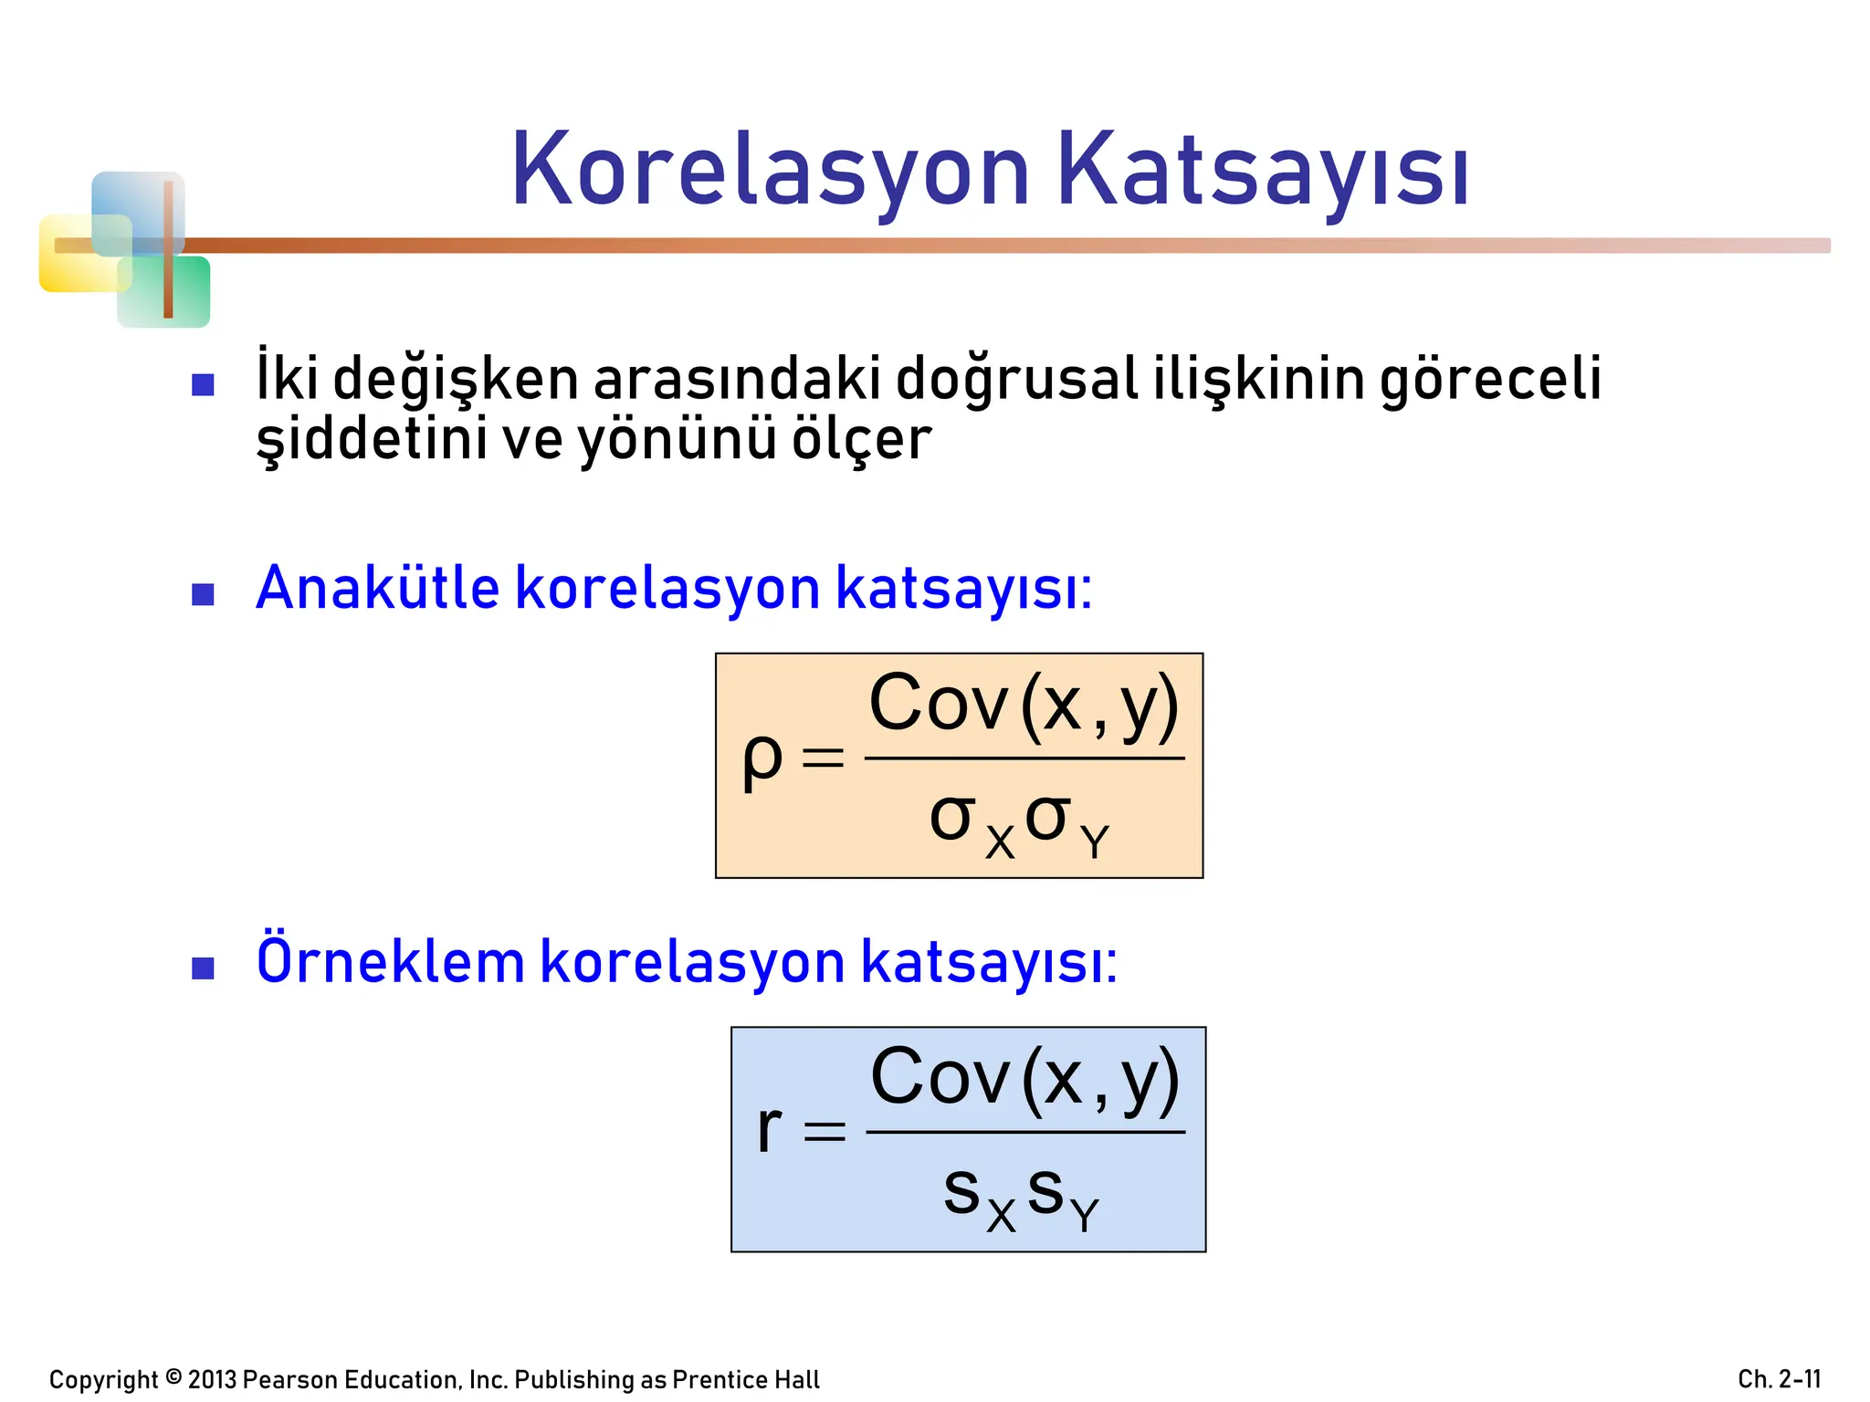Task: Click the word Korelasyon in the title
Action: click(x=770, y=172)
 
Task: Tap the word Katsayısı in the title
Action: click(x=1262, y=172)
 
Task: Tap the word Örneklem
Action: click(x=390, y=961)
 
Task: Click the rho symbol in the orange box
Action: click(x=762, y=759)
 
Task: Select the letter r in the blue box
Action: click(x=769, y=1129)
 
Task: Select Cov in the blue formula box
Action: click(x=940, y=1077)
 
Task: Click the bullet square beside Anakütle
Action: click(x=203, y=595)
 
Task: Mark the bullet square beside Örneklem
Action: click(x=203, y=968)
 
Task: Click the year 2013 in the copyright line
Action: click(x=212, y=1379)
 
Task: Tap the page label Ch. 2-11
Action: click(x=1779, y=1379)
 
